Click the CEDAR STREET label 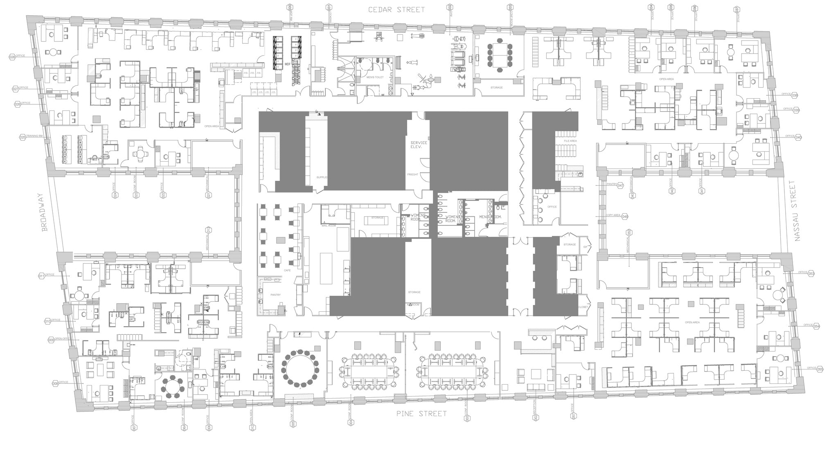(396, 9)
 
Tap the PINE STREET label (421, 414)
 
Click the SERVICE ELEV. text (419, 144)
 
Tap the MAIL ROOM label (329, 225)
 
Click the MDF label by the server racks (287, 64)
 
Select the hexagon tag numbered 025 (23, 137)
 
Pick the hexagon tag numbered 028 (12, 57)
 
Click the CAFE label (287, 270)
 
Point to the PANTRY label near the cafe (275, 295)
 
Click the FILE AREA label (570, 141)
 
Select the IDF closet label (585, 247)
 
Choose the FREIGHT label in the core (412, 174)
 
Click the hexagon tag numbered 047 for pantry (621, 185)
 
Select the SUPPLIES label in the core (322, 177)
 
